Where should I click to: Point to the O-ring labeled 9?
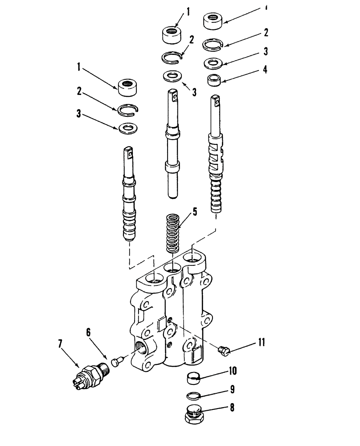pos(192,395)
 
